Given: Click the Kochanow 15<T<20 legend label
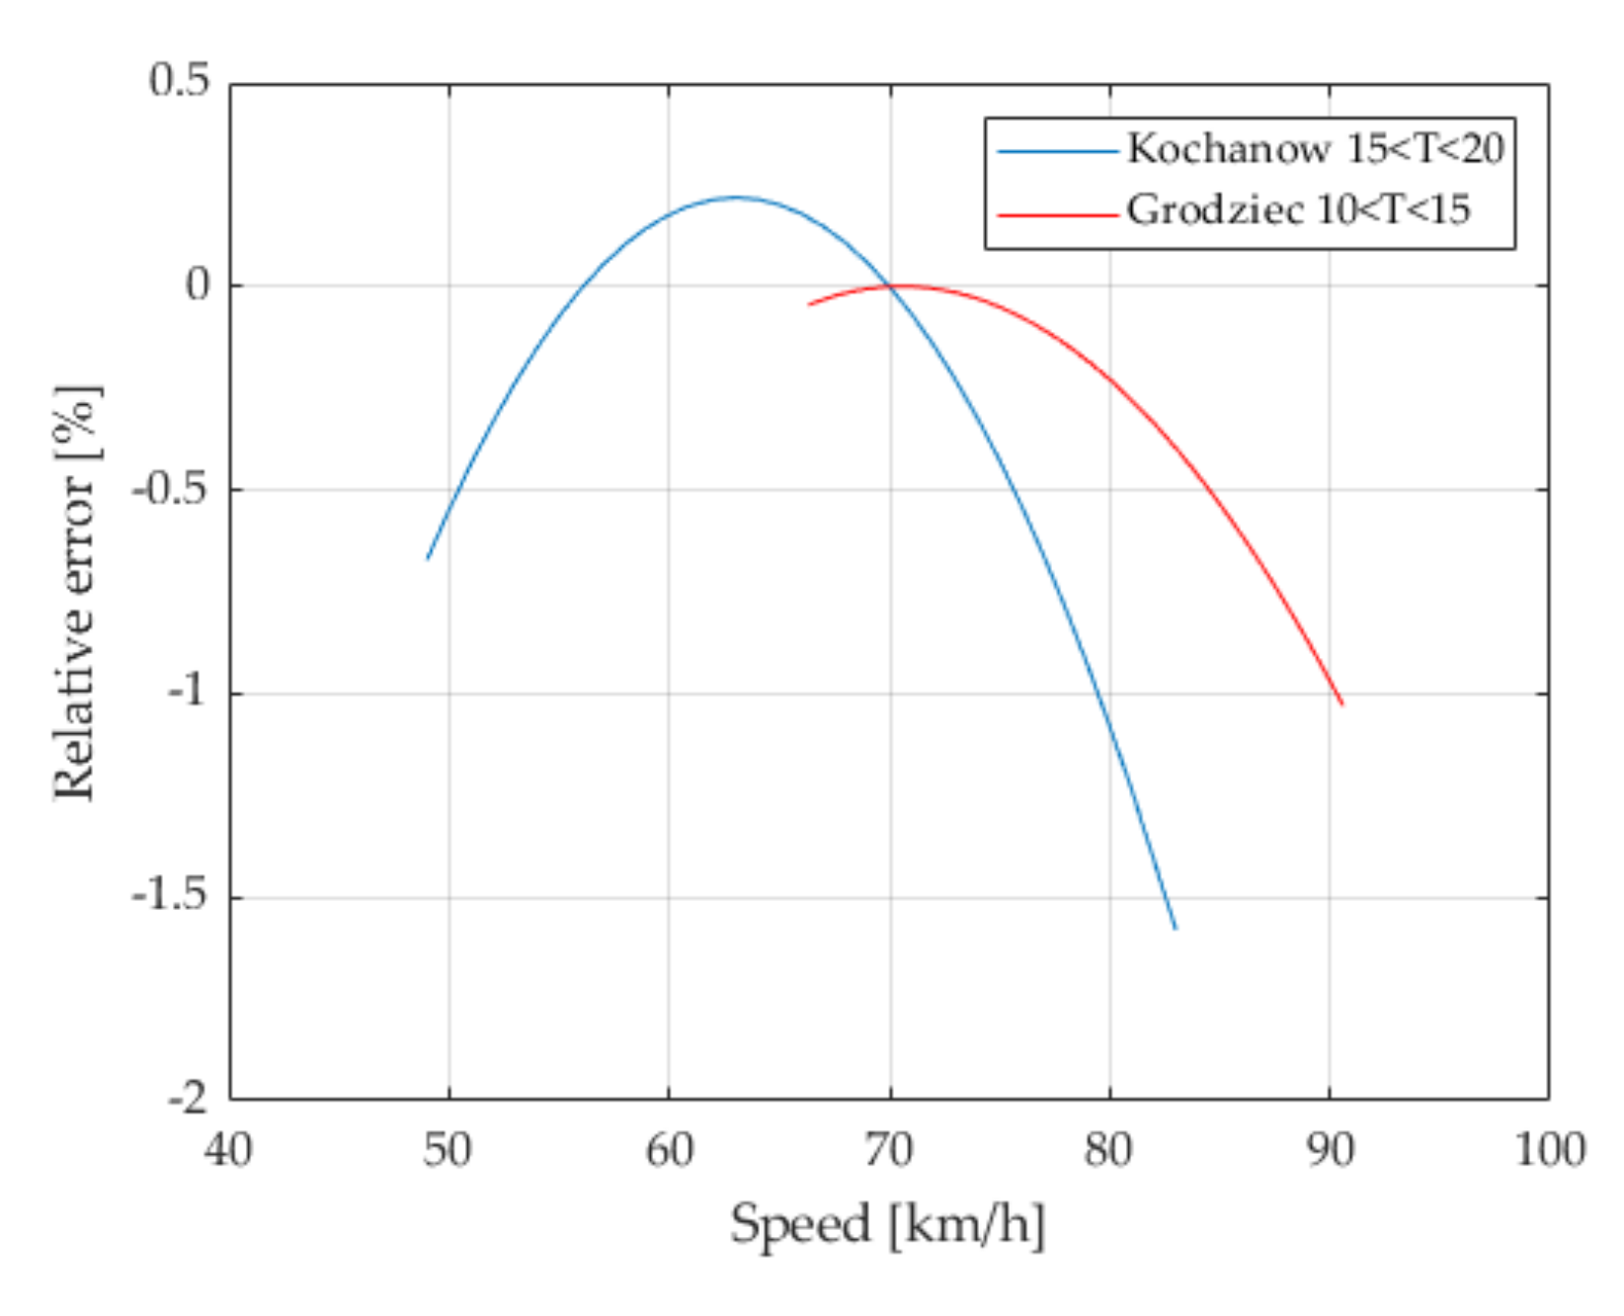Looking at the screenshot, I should [1315, 149].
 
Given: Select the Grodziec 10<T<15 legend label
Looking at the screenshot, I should [1298, 209].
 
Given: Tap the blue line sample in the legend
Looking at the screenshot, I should [1057, 151].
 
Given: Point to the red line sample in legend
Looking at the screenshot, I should [1057, 212].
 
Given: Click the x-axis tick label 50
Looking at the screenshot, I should [447, 1150].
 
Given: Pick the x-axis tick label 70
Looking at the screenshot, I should [888, 1150].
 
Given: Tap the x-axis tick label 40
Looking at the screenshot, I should [228, 1150].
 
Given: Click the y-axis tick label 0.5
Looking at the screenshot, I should [180, 81].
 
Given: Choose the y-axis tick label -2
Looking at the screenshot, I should [189, 1098].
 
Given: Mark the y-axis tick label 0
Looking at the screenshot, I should [199, 286].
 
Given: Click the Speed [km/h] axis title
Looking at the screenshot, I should [887, 1225].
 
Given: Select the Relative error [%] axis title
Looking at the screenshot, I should [76, 592].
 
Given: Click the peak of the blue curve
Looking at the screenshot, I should [735, 198].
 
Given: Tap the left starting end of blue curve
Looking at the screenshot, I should [428, 559].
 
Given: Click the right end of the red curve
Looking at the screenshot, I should [1341, 704].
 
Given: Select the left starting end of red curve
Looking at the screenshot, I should [809, 304].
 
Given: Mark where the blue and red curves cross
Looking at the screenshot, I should [890, 288].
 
